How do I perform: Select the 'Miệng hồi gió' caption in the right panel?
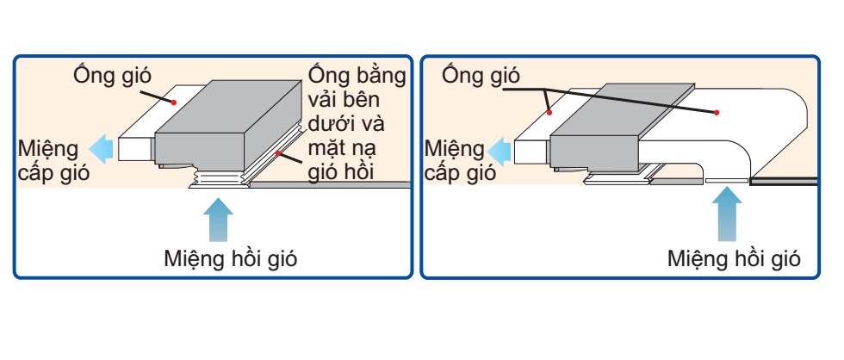pos(735,258)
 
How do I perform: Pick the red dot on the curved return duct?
pos(717,113)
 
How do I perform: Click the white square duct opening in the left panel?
pos(136,148)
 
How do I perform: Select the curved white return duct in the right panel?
pos(758,129)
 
